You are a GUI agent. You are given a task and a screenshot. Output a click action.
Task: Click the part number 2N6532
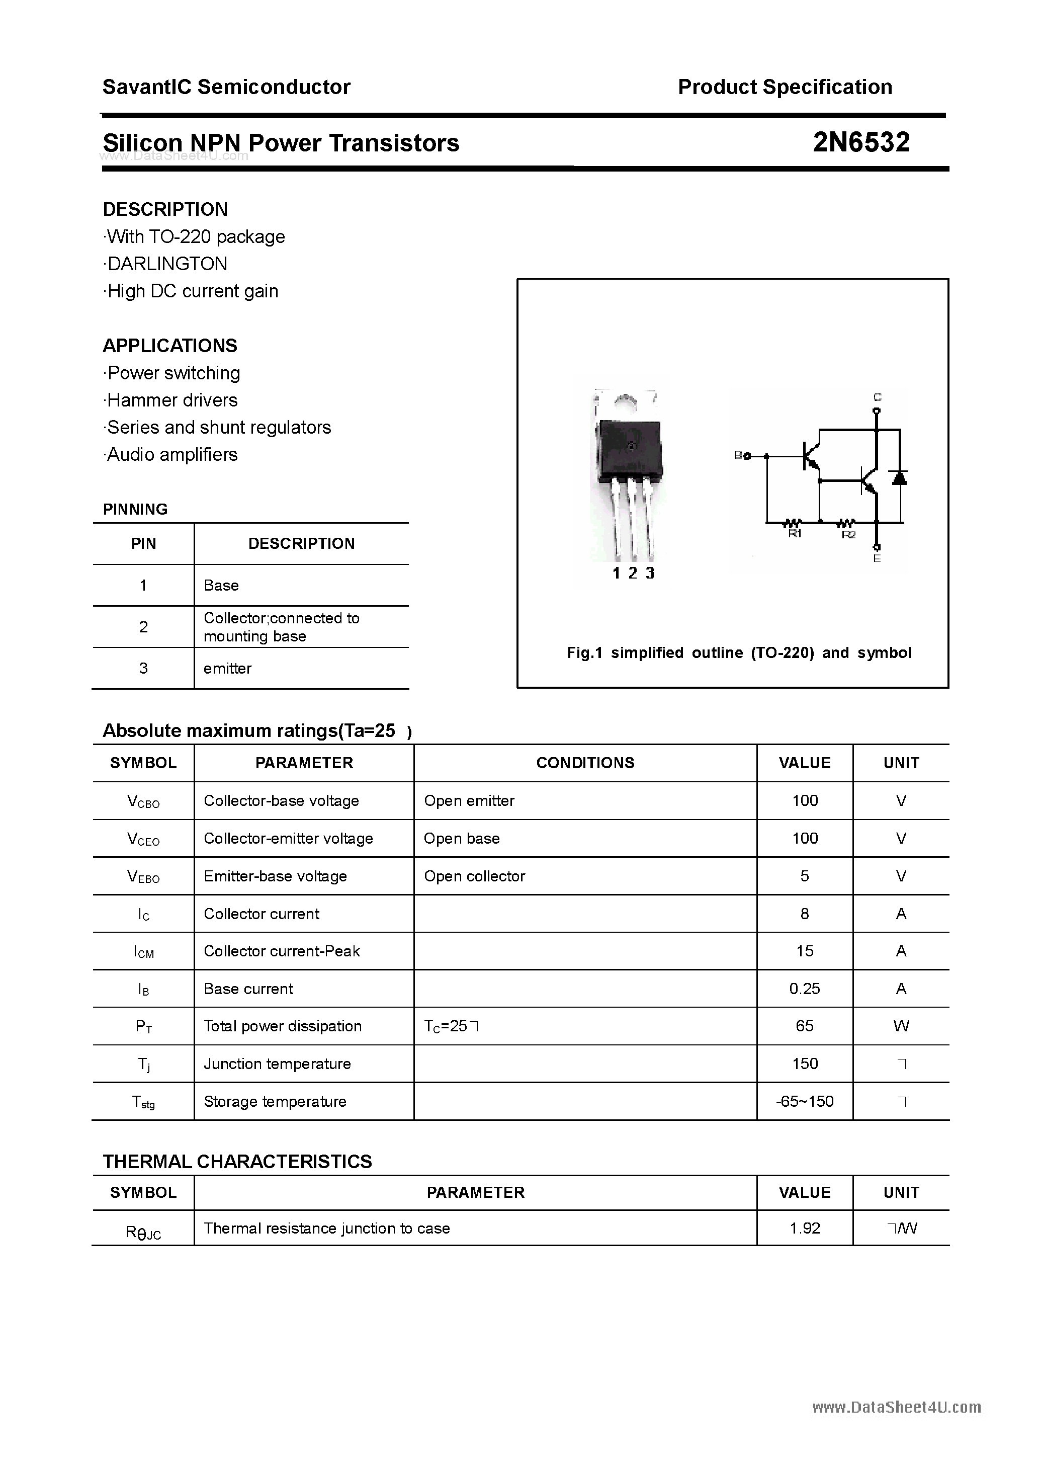tap(860, 142)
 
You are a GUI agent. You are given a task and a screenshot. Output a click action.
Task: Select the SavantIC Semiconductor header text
tap(226, 87)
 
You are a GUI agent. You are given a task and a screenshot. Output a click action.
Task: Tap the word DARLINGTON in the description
tap(167, 264)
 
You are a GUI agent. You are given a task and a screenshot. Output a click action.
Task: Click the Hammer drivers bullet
tap(171, 400)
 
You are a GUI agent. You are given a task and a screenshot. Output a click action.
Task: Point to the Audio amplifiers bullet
tap(171, 455)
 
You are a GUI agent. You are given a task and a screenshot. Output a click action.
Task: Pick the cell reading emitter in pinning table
tap(227, 668)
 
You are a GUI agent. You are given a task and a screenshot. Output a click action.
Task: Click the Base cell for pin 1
tap(221, 586)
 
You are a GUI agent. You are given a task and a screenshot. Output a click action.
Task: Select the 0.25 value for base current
tap(804, 989)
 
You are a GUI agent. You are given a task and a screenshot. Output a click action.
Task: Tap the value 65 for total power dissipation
tap(804, 1026)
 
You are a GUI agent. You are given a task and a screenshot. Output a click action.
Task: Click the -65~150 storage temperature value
tap(804, 1102)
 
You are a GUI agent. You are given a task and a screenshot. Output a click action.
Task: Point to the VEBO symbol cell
tap(143, 876)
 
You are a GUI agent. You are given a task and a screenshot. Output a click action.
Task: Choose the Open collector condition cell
tap(474, 876)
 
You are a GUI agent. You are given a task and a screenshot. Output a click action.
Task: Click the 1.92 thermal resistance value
tap(804, 1228)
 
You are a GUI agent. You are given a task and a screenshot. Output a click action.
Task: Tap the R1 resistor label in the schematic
tap(794, 534)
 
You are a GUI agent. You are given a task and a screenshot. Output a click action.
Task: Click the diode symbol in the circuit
tap(899, 477)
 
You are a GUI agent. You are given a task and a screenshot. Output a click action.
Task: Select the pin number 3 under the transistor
tap(650, 574)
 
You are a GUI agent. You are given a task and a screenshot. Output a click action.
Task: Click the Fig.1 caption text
tap(739, 653)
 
